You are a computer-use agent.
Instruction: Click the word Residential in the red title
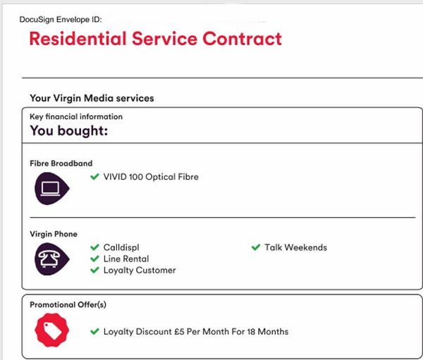click(x=78, y=39)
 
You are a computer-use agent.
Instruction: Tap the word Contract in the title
click(x=243, y=39)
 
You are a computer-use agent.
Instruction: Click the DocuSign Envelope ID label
click(x=61, y=20)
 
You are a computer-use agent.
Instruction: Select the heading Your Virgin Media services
click(x=92, y=98)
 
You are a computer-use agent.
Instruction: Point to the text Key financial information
click(x=76, y=116)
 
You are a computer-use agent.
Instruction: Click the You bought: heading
click(x=69, y=131)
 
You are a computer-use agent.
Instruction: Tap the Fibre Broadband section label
click(x=61, y=163)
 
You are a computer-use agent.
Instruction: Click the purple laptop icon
click(x=51, y=189)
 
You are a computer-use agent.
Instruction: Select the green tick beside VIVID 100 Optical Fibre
click(x=94, y=177)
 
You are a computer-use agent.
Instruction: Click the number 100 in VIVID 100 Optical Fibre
click(x=135, y=177)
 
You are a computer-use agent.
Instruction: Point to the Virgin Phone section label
click(x=54, y=234)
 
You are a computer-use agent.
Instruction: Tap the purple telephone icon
click(x=51, y=259)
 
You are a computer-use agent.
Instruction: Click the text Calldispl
click(x=121, y=247)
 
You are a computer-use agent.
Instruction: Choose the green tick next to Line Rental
click(x=94, y=259)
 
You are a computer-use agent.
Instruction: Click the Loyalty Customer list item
click(x=140, y=271)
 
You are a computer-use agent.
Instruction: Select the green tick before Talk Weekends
click(x=256, y=247)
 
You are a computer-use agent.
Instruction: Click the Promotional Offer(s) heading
click(x=68, y=305)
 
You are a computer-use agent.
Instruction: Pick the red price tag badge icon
click(x=51, y=330)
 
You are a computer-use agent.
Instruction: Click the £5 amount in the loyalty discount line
click(x=179, y=331)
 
